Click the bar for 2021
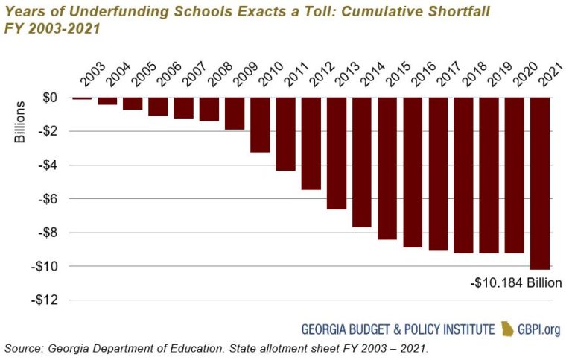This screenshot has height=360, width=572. pyautogui.click(x=539, y=183)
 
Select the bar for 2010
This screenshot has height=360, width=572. pyautogui.click(x=260, y=125)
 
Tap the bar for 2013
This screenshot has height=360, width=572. pyautogui.click(x=336, y=154)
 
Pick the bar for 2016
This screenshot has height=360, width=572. pyautogui.click(x=413, y=172)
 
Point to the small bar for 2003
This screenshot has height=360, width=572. pyautogui.click(x=82, y=98)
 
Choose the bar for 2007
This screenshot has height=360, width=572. pyautogui.click(x=183, y=108)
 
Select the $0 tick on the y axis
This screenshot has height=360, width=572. pyautogui.click(x=50, y=98)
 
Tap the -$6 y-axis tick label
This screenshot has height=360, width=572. pyautogui.click(x=48, y=199)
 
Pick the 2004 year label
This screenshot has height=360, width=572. pyautogui.click(x=111, y=75)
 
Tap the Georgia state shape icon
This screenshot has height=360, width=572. pyautogui.click(x=507, y=329)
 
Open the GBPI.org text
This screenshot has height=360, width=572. pyautogui.click(x=539, y=329)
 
